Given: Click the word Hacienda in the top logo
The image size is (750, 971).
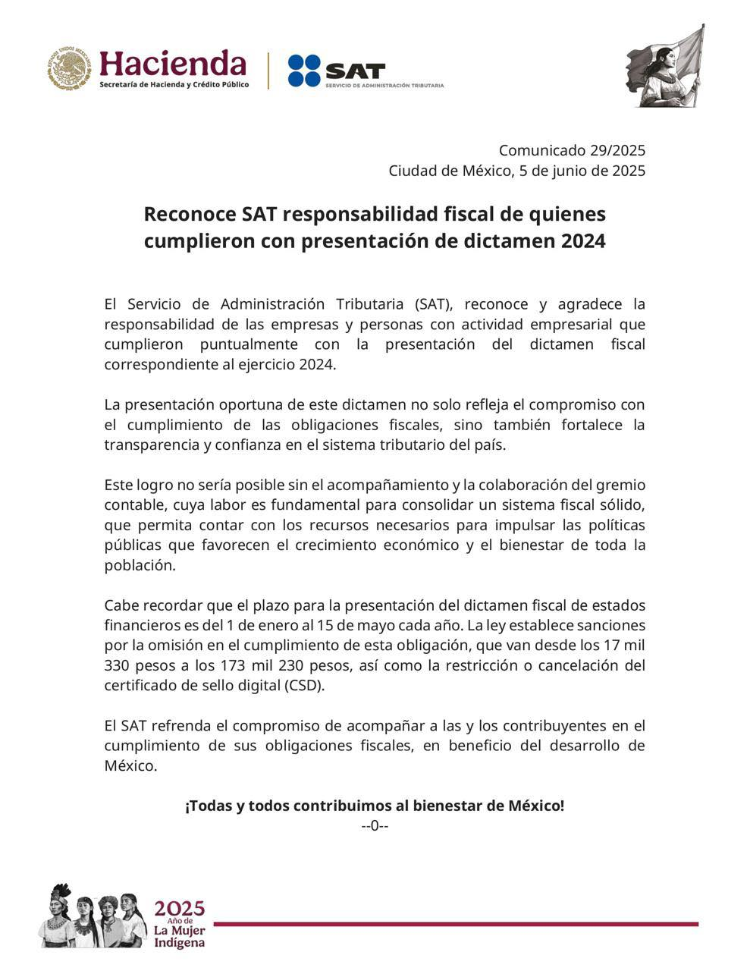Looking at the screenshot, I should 173,64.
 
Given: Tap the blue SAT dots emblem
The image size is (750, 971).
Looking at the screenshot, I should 304,71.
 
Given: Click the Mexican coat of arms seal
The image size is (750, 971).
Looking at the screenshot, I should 71,68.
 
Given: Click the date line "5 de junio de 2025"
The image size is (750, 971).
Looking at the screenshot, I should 582,171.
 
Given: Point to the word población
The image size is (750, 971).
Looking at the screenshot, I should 140,566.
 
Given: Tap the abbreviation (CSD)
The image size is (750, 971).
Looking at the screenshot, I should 305,686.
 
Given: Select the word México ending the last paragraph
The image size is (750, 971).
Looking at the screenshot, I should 130,766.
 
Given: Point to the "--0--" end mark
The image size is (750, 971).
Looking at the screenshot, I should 375,825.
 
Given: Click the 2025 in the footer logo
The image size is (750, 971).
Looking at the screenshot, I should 180,908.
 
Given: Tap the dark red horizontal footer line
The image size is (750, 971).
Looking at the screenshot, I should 455,924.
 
